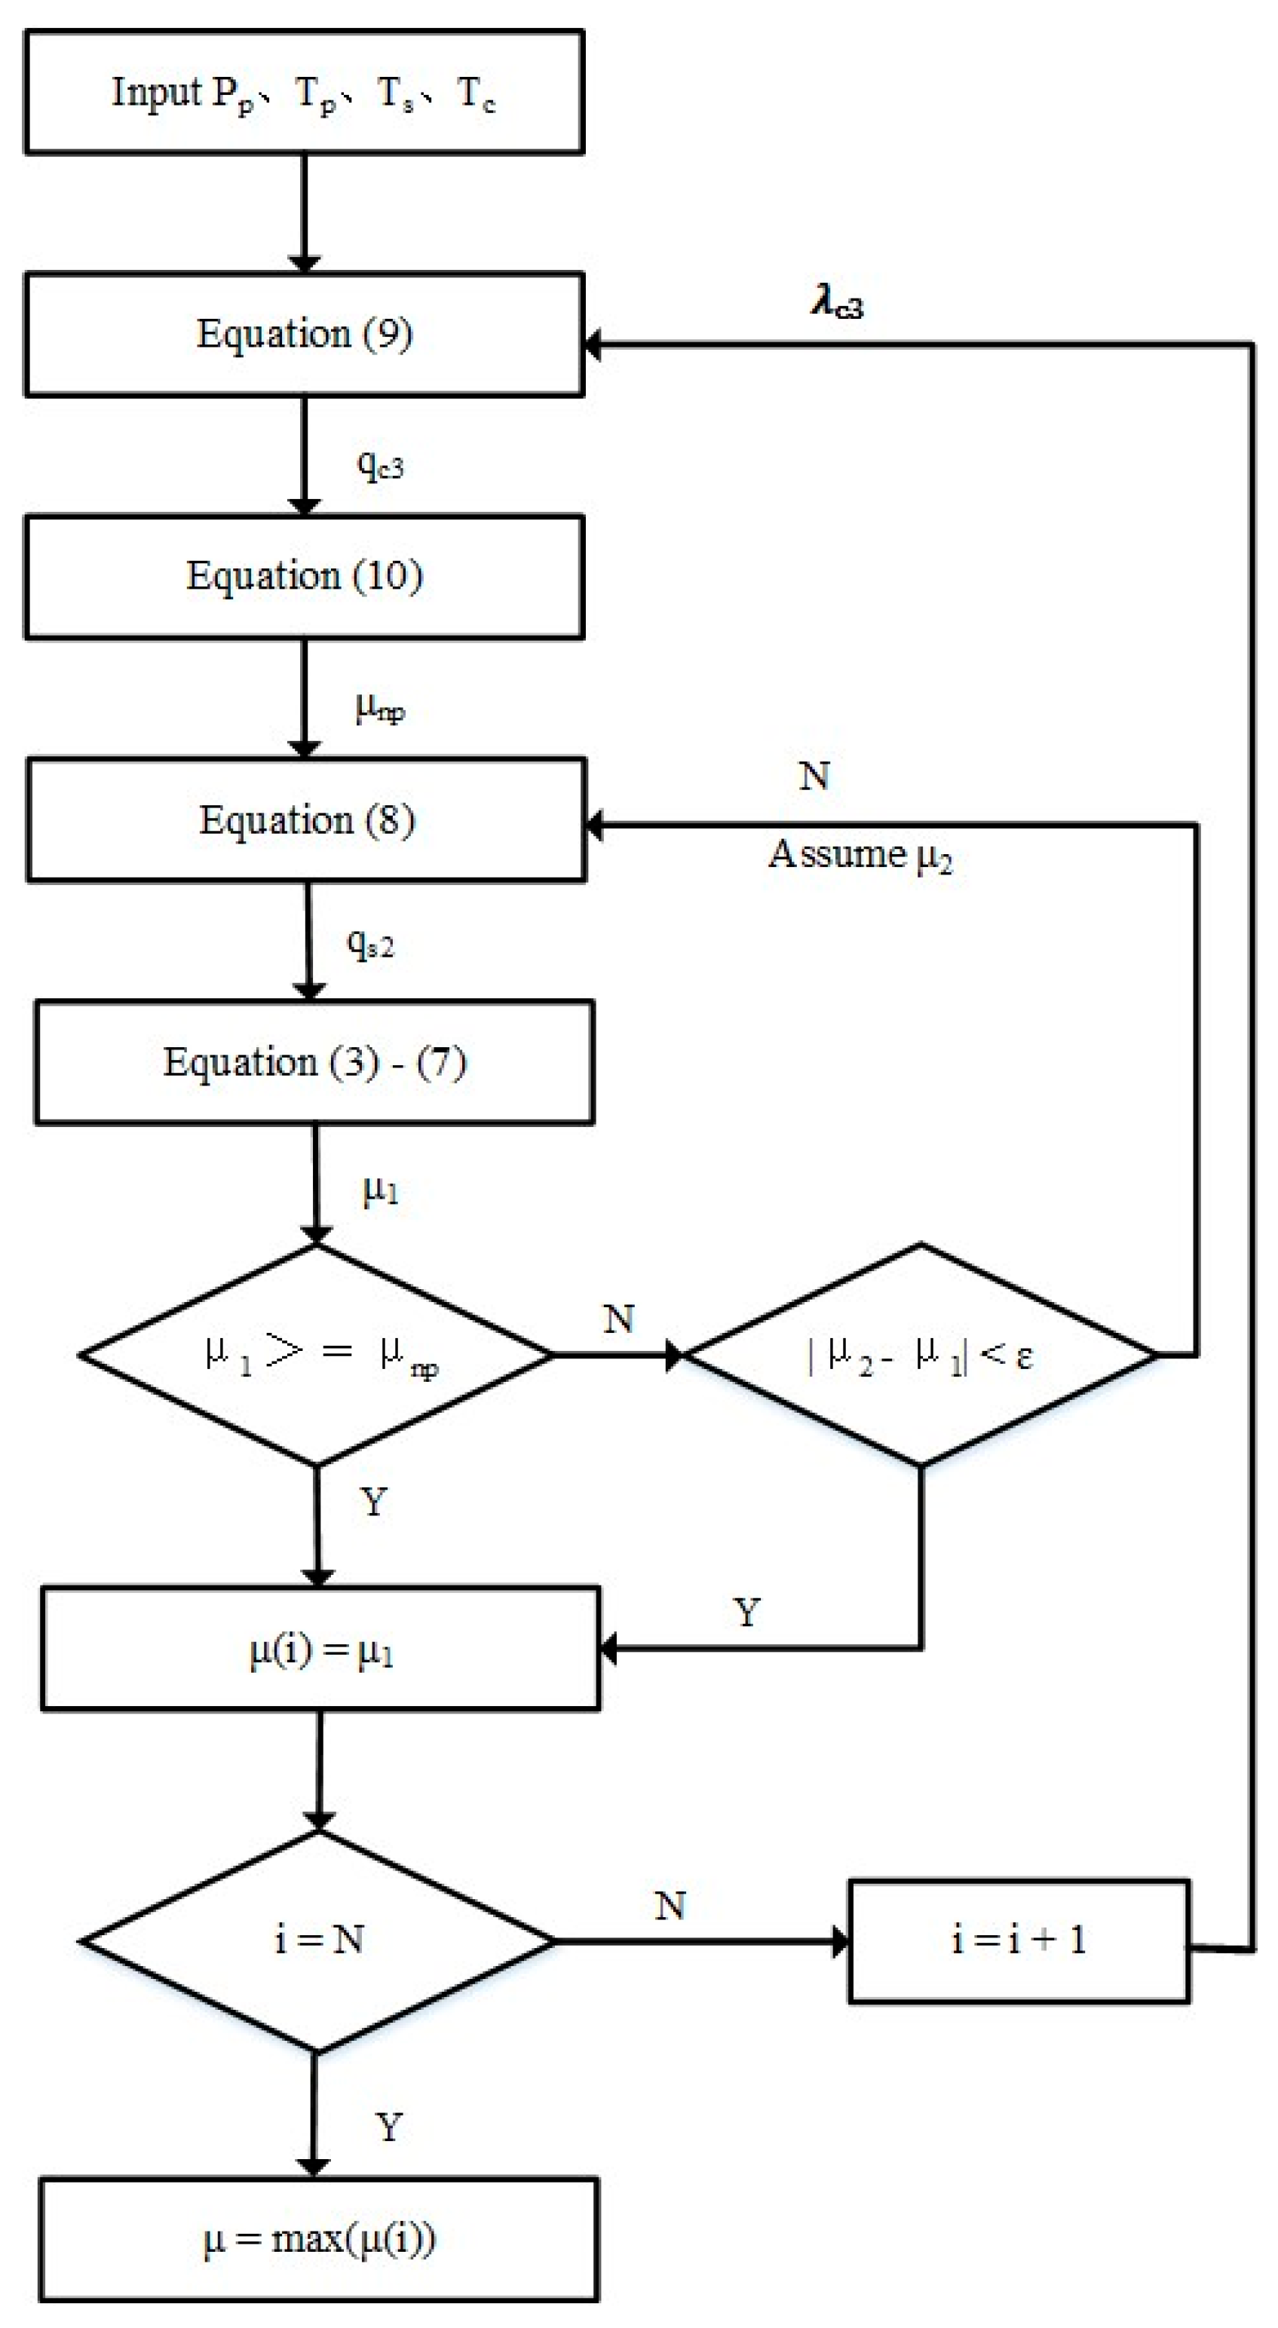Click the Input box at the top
point(304,92)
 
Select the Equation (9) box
point(304,335)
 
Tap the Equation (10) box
point(304,577)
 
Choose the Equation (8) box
point(306,819)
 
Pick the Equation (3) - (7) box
point(314,1062)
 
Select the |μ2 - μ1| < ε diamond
point(920,1355)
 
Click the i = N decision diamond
point(318,1941)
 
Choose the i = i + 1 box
point(1019,1941)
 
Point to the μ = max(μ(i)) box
point(319,2238)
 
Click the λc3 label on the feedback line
point(837,303)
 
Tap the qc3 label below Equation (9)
point(379,464)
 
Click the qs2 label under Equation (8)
point(370,945)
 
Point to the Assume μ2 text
point(860,854)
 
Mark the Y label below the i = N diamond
point(388,2127)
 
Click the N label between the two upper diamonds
point(618,1319)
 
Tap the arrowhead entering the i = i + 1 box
point(841,1941)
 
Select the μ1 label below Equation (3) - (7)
point(379,1190)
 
